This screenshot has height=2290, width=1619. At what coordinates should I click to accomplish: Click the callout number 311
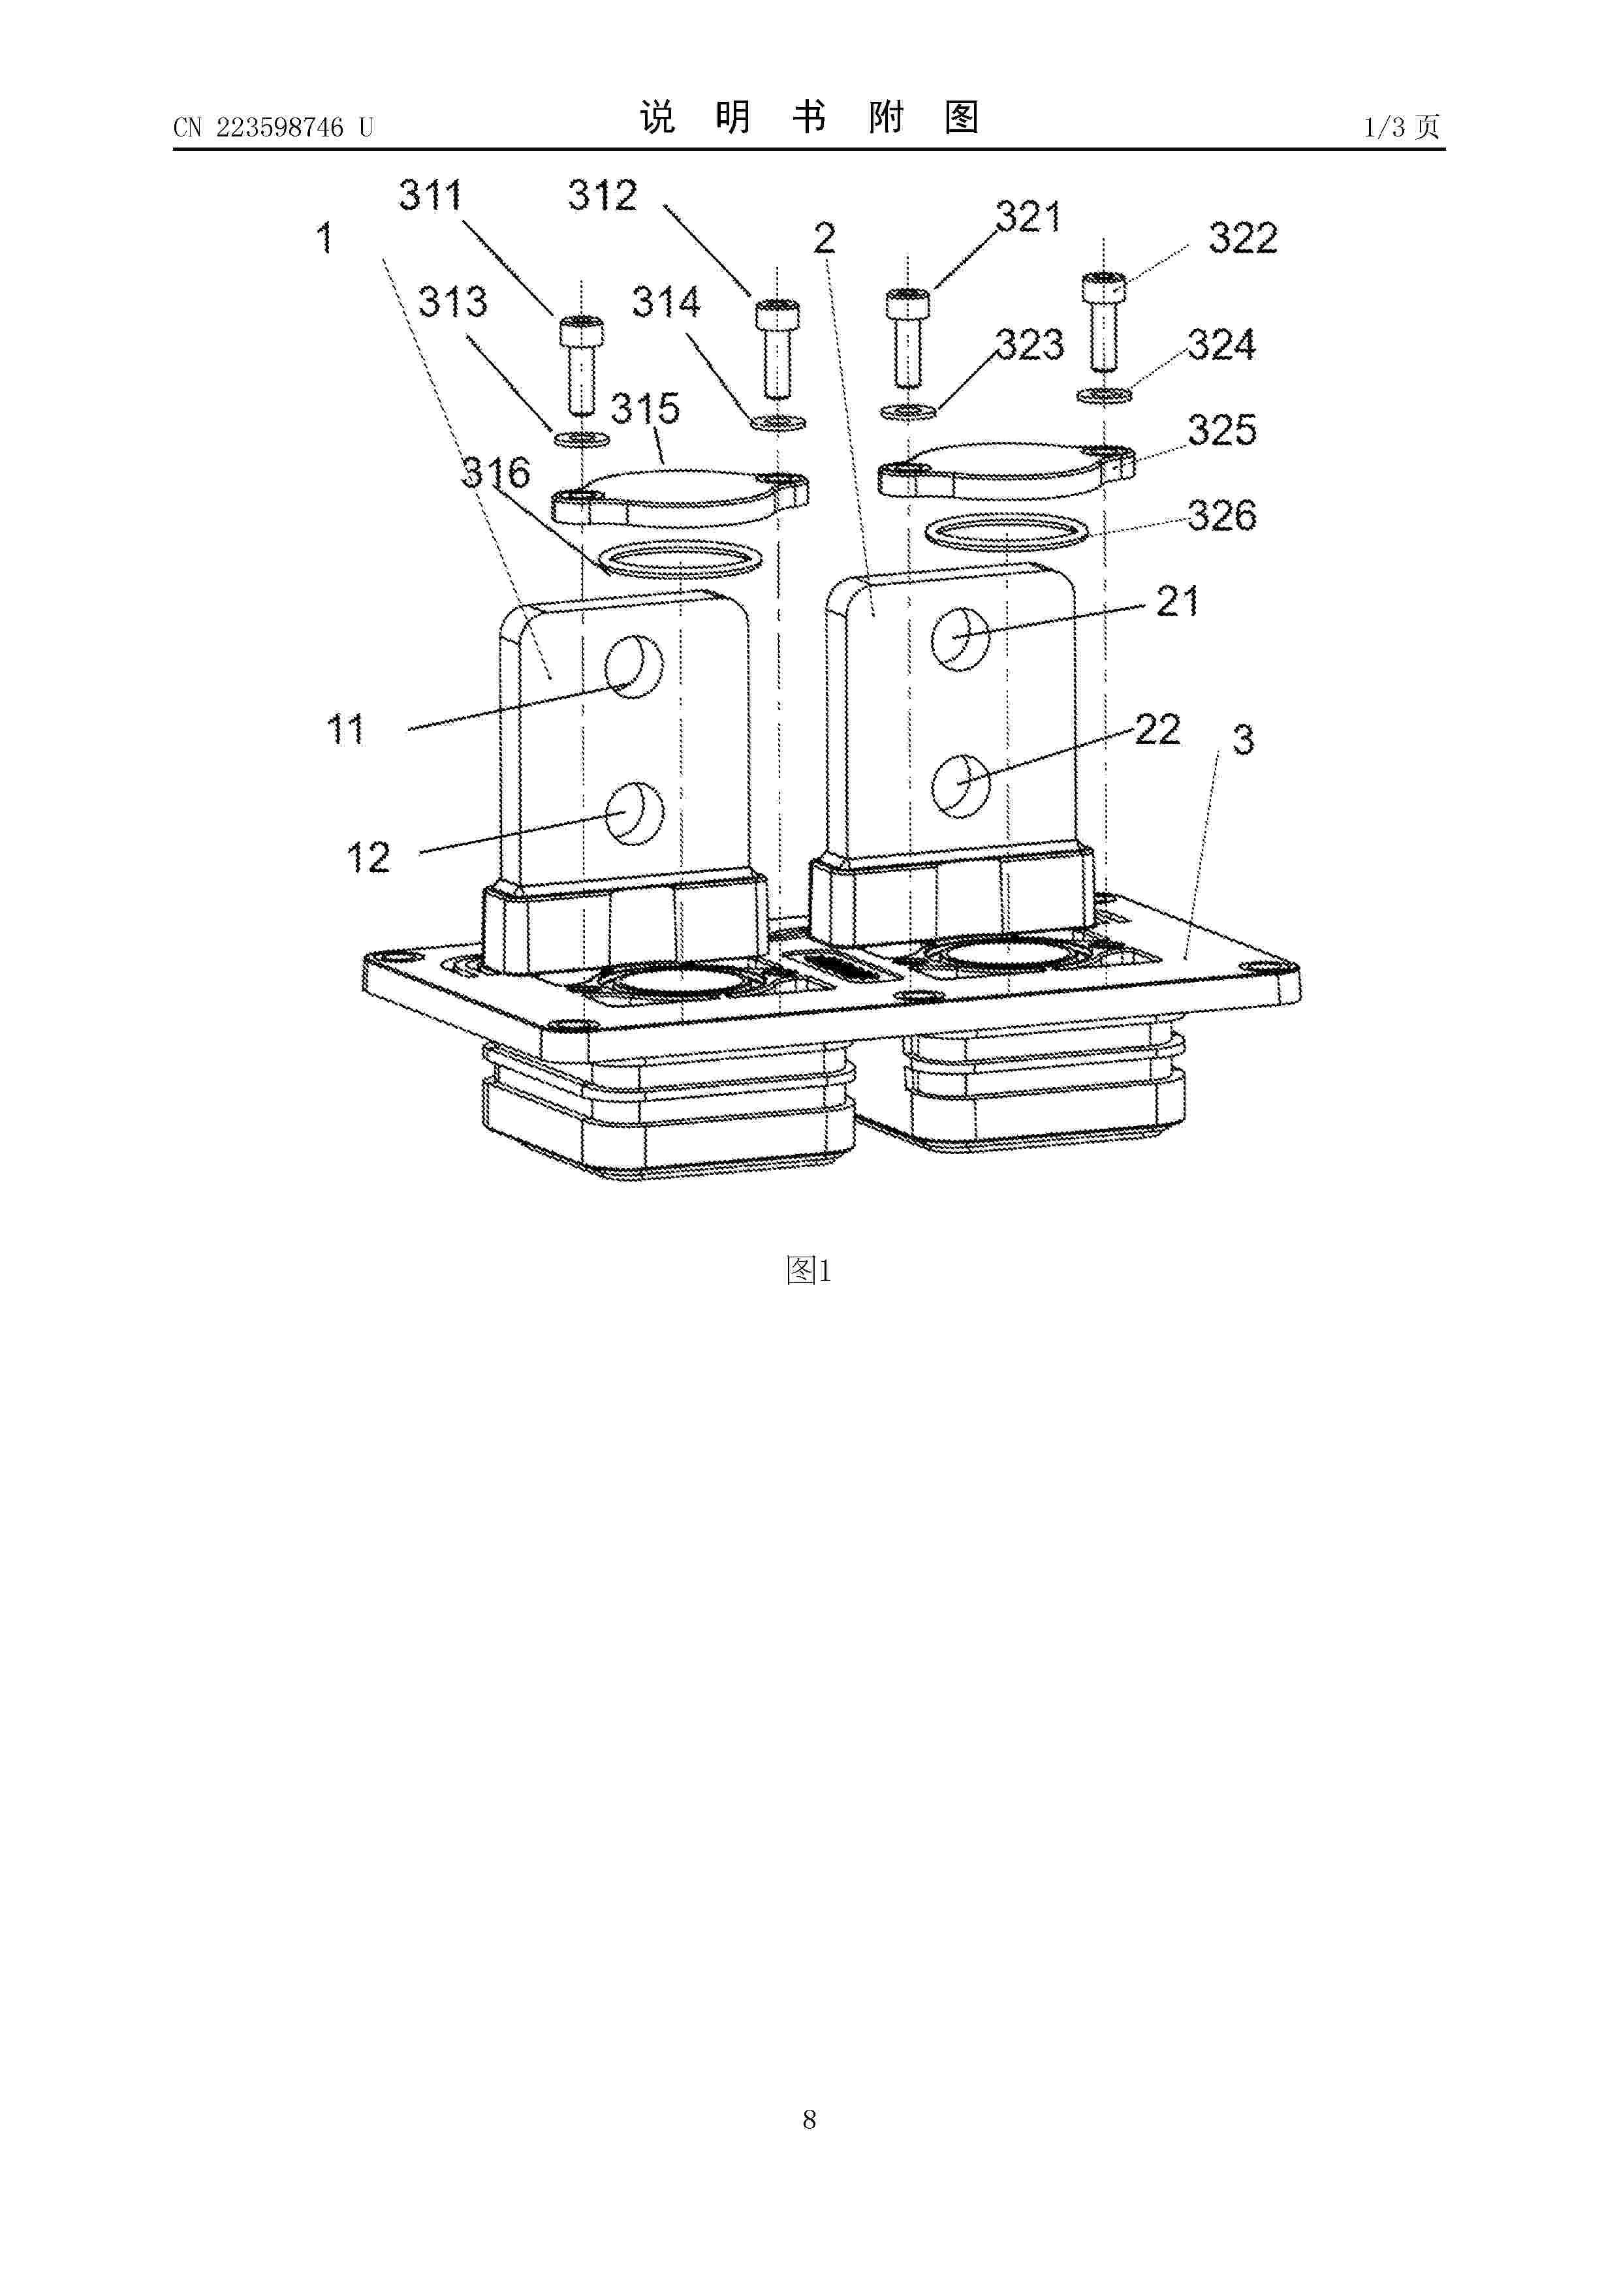click(431, 195)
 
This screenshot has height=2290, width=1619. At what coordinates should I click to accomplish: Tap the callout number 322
click(1243, 238)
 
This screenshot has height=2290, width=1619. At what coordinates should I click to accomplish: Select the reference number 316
click(495, 472)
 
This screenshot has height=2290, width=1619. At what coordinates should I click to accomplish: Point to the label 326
click(1222, 516)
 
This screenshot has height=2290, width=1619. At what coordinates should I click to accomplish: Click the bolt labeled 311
click(580, 366)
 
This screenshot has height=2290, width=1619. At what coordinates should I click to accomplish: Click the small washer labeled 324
click(1105, 396)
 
